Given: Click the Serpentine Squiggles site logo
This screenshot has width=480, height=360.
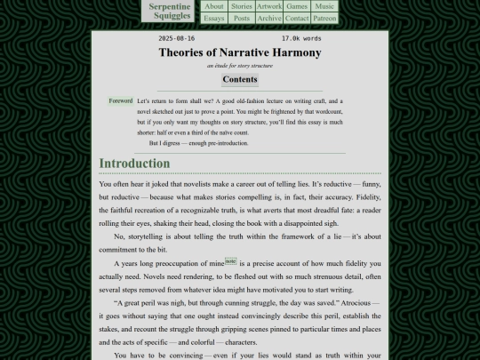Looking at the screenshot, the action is [x=171, y=11].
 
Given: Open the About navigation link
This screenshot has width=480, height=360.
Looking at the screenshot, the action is [x=214, y=6].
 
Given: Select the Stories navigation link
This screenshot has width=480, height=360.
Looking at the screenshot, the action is [x=242, y=6].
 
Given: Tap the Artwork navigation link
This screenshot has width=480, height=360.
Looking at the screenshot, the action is [x=269, y=6].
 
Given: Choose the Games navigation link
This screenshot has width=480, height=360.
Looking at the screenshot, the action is [x=297, y=6].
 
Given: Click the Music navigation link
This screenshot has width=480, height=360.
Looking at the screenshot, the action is [x=325, y=6].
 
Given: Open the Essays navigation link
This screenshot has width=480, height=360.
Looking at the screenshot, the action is [x=214, y=18].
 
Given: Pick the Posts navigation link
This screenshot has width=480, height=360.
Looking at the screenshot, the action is [x=242, y=18].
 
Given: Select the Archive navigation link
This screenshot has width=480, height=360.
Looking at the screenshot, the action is [x=269, y=18].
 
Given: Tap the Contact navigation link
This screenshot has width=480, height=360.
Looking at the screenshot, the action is [x=297, y=18].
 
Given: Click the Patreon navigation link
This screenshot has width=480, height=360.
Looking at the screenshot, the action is [x=325, y=18].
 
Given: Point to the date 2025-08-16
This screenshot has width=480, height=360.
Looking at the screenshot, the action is [x=176, y=39].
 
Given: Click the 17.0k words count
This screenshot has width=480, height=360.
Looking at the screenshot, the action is [x=301, y=39].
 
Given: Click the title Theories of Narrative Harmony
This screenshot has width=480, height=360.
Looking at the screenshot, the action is [x=240, y=52].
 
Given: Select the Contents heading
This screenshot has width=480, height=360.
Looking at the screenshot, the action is [x=240, y=80].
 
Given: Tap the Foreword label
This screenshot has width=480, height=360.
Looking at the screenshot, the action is [x=120, y=101].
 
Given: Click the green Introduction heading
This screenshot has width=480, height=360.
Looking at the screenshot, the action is [x=134, y=164].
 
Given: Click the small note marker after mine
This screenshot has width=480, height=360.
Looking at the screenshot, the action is [x=230, y=261].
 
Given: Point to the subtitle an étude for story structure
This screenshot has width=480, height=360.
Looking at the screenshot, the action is [x=240, y=66].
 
